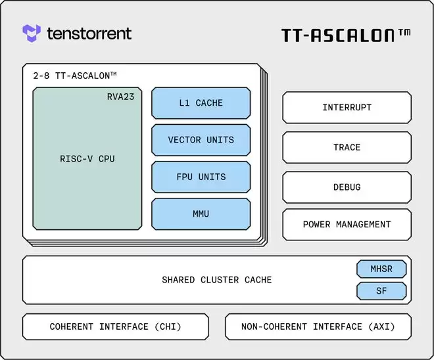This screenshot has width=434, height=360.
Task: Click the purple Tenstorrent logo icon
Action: (x=32, y=33)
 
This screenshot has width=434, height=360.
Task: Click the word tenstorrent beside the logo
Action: (x=89, y=34)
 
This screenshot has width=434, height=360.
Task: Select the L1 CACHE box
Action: (x=201, y=103)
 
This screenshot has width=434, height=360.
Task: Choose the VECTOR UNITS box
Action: (x=201, y=140)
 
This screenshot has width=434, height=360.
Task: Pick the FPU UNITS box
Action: (x=201, y=177)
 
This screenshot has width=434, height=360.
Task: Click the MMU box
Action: (x=201, y=214)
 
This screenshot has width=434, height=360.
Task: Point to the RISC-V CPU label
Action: (x=87, y=159)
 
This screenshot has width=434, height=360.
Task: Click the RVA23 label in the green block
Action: (x=121, y=97)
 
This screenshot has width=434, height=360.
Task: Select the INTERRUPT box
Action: (x=347, y=108)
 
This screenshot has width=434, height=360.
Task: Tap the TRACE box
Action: (x=347, y=148)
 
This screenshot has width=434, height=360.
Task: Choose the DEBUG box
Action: (x=347, y=187)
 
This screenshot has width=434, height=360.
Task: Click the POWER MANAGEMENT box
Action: (x=347, y=225)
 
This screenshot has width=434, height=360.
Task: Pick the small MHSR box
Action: (x=381, y=269)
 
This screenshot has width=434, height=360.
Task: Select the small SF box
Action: (x=381, y=291)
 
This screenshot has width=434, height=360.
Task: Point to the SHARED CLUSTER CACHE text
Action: (x=216, y=280)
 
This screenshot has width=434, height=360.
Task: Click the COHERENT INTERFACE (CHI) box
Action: (x=115, y=326)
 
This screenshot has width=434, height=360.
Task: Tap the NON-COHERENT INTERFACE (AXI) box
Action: (x=318, y=326)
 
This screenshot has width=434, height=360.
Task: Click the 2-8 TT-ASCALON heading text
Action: (x=75, y=76)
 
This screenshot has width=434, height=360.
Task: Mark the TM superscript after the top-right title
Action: (x=404, y=31)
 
